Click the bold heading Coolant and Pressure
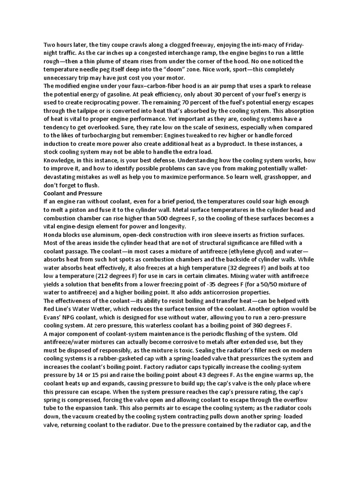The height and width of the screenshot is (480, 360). tap(72, 193)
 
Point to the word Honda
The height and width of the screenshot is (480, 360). tap(53, 234)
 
